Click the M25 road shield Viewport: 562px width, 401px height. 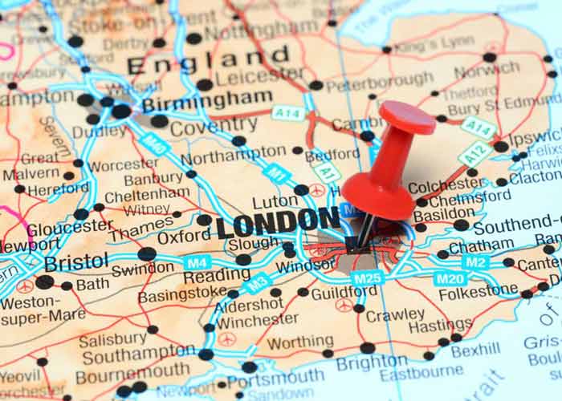pos(366,278)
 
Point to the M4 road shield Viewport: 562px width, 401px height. pos(197,262)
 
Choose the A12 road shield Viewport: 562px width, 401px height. pos(474,153)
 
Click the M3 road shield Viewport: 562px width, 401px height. pos(257,283)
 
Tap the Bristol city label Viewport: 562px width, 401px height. pos(76,262)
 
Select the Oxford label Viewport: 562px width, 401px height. pos(184,238)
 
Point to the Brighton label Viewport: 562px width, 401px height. pos(371,363)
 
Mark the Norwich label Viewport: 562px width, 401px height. pos(487,71)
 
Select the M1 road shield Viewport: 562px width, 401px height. pos(275,172)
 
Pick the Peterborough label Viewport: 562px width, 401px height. pos(379,81)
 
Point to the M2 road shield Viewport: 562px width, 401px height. pos(476,261)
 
